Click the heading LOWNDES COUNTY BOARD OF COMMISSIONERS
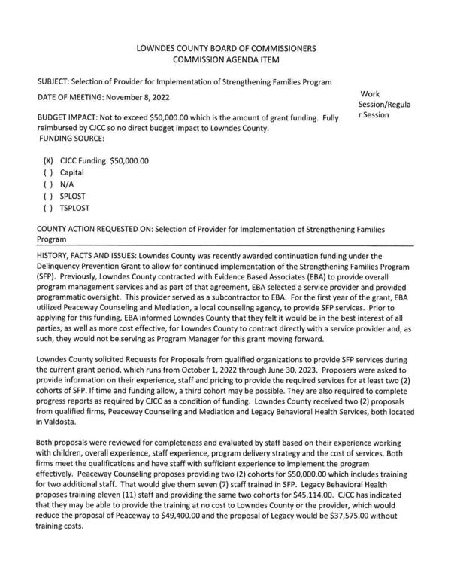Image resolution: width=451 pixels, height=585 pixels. (x=225, y=48)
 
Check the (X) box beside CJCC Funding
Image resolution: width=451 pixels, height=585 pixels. (x=48, y=160)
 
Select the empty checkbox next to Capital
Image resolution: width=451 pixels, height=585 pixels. (x=48, y=172)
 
